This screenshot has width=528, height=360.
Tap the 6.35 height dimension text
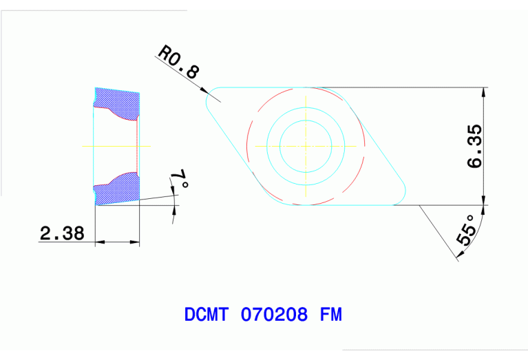[475, 147]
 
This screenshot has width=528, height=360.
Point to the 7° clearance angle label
[180, 182]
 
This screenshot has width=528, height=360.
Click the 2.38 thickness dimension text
[62, 233]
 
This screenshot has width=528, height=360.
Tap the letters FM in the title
[331, 315]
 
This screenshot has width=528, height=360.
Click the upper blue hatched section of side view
[117, 103]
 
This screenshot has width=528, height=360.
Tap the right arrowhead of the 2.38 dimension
[136, 242]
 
